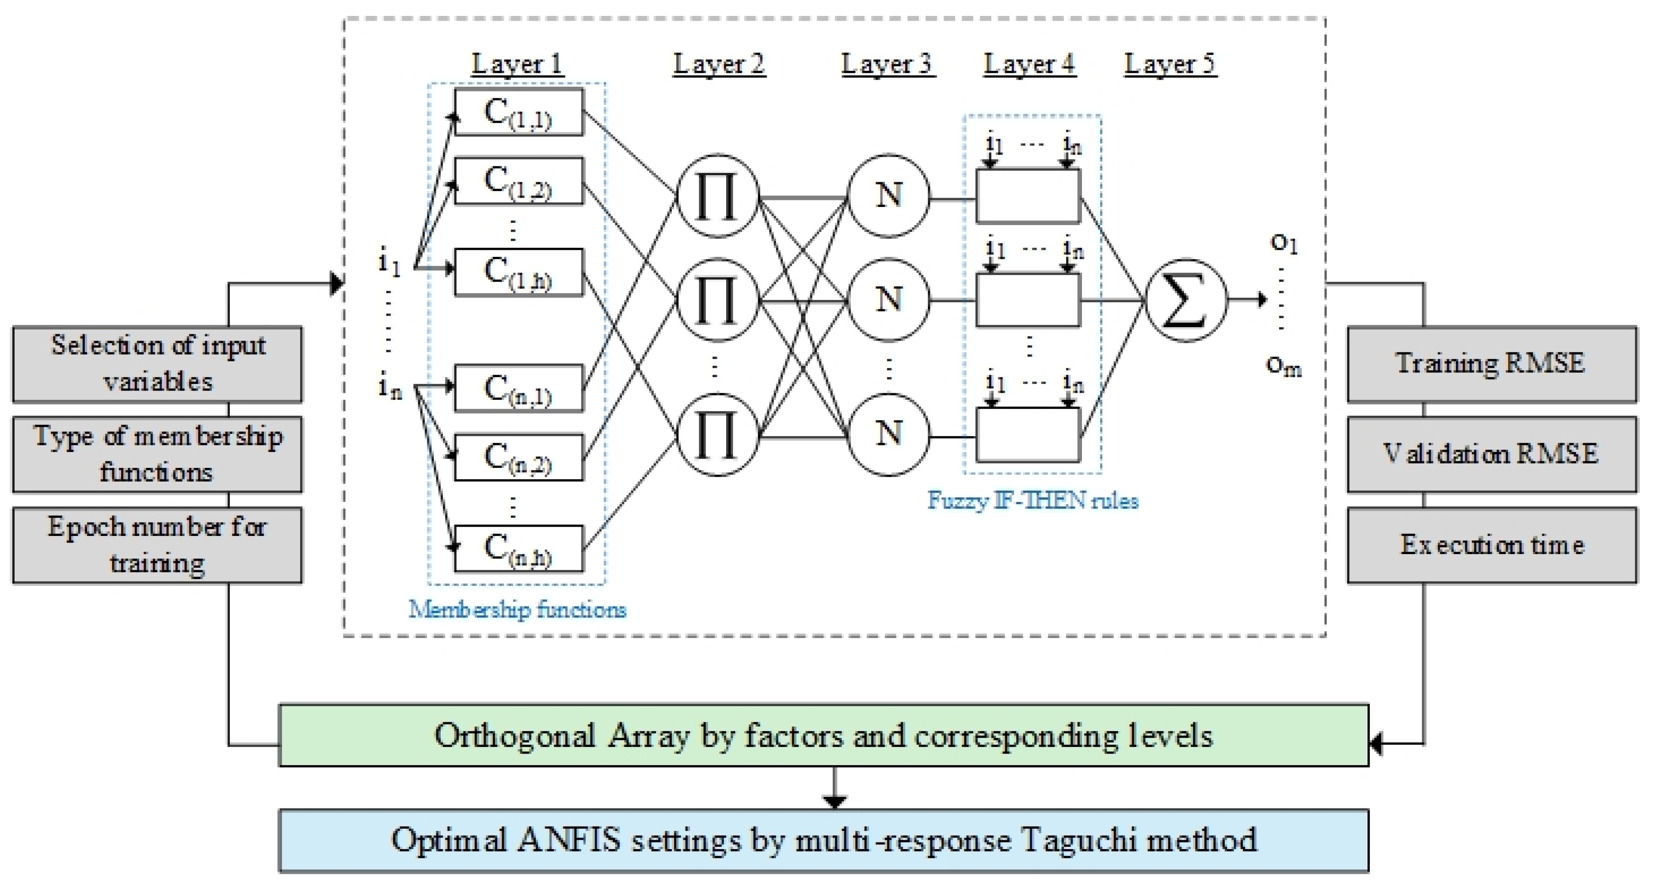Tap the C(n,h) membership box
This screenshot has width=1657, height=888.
click(x=518, y=548)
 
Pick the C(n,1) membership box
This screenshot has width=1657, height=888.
click(x=518, y=389)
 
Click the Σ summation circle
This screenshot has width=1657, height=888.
click(x=1185, y=300)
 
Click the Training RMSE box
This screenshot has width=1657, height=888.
click(x=1491, y=364)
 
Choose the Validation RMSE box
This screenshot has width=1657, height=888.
click(x=1491, y=454)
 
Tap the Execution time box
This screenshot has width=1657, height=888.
click(x=1491, y=545)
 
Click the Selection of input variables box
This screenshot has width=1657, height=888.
click(x=158, y=364)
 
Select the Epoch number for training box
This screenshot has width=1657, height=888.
click(x=158, y=545)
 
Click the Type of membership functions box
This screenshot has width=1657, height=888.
click(x=158, y=454)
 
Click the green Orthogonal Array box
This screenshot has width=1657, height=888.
click(x=823, y=735)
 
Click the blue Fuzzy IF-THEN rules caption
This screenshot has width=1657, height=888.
click(x=1032, y=501)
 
